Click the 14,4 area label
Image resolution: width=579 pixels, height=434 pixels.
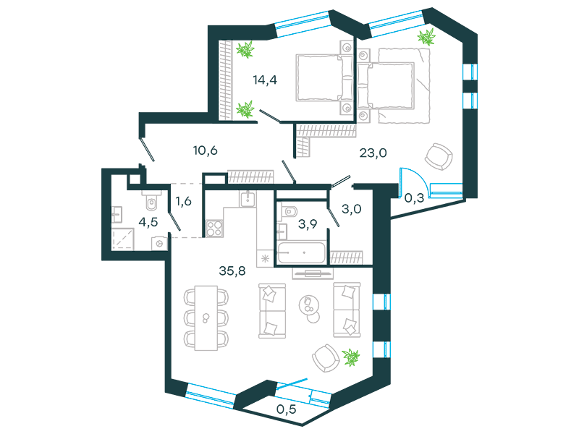265,80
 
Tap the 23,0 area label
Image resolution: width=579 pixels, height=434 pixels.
373,153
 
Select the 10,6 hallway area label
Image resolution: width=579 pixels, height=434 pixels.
205,150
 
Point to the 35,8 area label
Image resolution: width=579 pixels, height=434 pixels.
232,271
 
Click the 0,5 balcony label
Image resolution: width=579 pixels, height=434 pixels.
286,409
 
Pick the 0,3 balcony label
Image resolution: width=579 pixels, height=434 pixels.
414,198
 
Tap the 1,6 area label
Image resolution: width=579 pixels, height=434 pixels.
183,201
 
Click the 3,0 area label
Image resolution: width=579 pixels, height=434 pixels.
351,209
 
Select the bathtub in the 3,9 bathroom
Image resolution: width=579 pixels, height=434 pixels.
301,252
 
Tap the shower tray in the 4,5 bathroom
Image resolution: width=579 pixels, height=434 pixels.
122,239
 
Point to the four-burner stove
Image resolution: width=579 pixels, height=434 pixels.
214,228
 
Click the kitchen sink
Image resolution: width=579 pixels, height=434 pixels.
247,200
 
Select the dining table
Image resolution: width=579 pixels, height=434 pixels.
206,318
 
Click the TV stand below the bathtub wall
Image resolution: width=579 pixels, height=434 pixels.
313,273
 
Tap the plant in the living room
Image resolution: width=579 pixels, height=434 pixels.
351,357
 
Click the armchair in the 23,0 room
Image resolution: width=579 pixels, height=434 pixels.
439,156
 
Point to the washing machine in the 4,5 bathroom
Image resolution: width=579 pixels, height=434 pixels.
159,244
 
